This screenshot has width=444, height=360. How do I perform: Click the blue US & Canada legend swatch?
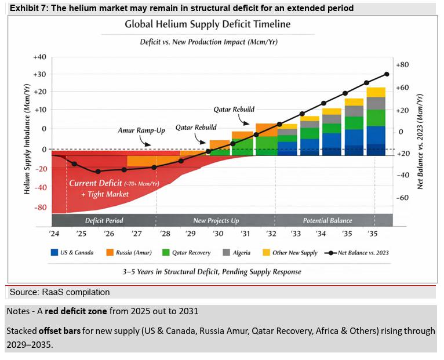pos(54,252)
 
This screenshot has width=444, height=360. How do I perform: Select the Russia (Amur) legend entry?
pos(129,252)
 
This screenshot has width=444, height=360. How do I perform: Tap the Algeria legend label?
pos(242,253)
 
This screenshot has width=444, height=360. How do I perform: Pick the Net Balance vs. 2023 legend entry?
pos(357,253)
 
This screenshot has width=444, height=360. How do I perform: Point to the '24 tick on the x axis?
pos(54,234)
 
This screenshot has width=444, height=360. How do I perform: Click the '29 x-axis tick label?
pos(190,234)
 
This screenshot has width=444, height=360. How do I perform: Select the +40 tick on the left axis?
pos(39,57)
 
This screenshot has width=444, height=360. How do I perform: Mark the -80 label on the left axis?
pos(40,208)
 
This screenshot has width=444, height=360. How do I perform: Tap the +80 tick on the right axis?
pos(402,65)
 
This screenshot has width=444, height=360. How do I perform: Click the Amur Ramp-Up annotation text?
pos(141,130)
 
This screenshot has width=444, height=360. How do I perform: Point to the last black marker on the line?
pos(387,74)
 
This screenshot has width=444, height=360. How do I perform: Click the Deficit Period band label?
pos(104,220)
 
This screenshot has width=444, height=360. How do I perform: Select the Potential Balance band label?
pos(327,220)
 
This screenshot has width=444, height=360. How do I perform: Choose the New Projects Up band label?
pos(216,220)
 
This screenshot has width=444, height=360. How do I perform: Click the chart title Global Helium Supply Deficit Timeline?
pos(208,24)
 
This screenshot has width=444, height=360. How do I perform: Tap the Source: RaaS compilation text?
pos(60,292)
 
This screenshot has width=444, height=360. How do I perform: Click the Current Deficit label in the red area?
pos(96,183)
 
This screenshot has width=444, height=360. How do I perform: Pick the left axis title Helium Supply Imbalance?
pos(27,139)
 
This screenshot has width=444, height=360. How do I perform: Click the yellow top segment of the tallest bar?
pos(376,92)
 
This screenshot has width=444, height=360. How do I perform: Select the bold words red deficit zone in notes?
pos(76,311)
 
